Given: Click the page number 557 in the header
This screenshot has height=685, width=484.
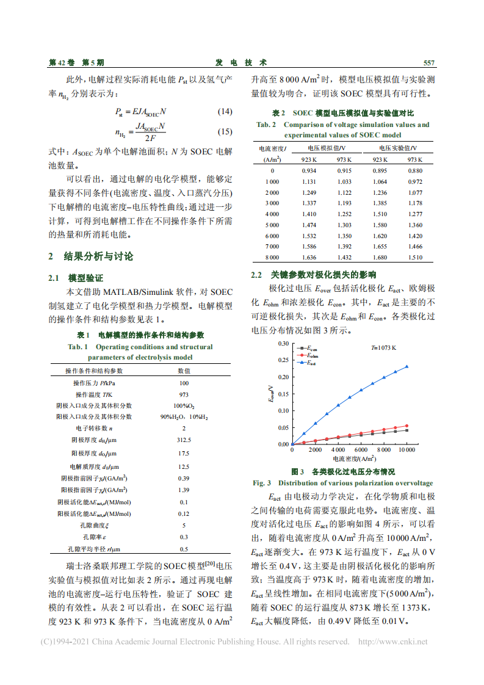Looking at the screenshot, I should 428,63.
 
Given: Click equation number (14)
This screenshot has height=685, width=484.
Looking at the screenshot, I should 225,112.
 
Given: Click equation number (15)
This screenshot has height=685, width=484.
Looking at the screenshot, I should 225,132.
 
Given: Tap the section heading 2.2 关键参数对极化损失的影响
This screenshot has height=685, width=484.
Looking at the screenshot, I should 314,275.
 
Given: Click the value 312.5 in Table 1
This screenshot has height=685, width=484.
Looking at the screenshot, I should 184,440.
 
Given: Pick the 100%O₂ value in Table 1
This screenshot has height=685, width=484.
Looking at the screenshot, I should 184,405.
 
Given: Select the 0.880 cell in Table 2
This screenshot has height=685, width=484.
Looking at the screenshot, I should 415,170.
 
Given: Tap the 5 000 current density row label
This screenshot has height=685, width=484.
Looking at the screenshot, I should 272,225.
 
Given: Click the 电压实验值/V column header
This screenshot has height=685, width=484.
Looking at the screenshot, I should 398,148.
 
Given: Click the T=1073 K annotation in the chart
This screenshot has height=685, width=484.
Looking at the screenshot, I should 384,347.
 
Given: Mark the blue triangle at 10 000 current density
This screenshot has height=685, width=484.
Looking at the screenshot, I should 407,366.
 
